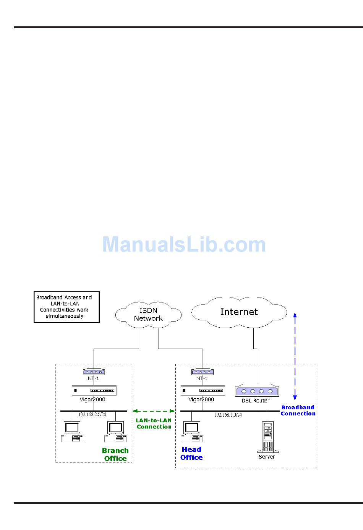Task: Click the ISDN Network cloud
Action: [148, 315]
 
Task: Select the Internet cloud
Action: [239, 312]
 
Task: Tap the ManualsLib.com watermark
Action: [184, 245]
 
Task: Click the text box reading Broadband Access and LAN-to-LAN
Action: [66, 307]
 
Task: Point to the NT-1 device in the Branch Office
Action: [94, 372]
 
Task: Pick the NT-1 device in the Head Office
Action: [202, 372]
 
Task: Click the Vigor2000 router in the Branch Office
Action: [94, 390]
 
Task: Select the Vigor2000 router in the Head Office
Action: [203, 390]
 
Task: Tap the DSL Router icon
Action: [257, 391]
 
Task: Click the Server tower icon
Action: [268, 436]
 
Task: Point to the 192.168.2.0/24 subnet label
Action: [92, 415]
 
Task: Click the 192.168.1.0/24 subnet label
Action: [228, 415]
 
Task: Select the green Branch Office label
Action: [115, 454]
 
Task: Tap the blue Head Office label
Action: [191, 454]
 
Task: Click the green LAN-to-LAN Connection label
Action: [154, 423]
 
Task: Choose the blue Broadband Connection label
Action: [298, 410]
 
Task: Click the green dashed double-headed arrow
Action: [154, 411]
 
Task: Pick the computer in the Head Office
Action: [192, 431]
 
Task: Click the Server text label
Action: [267, 457]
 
